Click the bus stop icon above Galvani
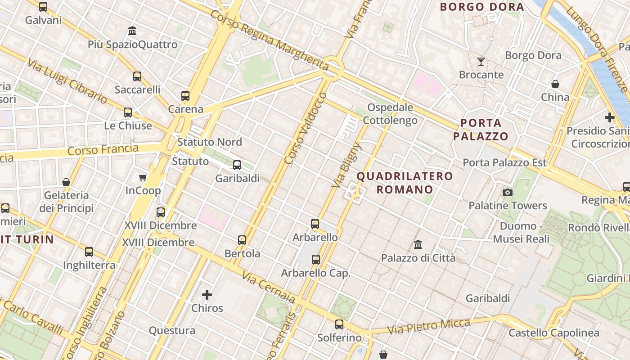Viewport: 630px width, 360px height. pos(43,7)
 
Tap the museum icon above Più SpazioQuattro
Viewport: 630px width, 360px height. pos(132,31)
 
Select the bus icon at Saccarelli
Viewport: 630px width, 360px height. pos(137,76)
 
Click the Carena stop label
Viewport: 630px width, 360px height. pos(185,109)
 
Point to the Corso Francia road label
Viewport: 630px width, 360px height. pos(103,149)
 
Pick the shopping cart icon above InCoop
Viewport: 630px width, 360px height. pos(143,177)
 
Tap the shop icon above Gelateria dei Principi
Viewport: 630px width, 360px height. pos(66,182)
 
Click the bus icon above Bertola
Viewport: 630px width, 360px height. pos(242,240)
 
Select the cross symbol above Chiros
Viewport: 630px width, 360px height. pos(207,295)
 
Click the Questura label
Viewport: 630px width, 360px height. pos(172,331)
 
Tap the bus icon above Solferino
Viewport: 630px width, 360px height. pos(339,324)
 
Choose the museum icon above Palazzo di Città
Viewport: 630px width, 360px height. pos(418,245)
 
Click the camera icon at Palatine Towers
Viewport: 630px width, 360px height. pos(508,193)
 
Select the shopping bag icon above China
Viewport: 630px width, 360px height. pos(555,84)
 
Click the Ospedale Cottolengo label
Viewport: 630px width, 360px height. pos(390,114)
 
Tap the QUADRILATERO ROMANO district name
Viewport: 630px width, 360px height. pos(405,183)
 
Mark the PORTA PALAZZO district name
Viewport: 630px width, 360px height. pos(481,130)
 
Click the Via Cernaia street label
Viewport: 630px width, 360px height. pos(269,287)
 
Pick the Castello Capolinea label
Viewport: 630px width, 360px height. pos(553,333)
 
